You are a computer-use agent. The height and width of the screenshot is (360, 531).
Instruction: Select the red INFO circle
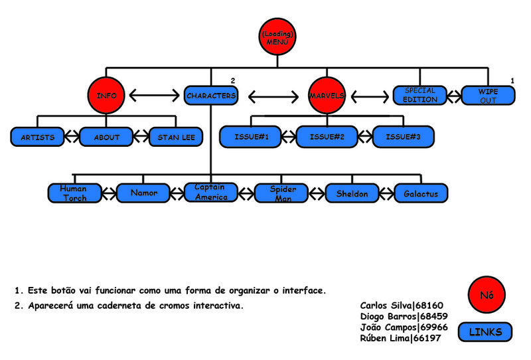point(106,96)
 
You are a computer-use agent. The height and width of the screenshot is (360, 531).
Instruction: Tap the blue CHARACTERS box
point(210,96)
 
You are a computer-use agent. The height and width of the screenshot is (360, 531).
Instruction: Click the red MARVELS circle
point(327,96)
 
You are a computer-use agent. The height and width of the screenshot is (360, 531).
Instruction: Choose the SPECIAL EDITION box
point(419,95)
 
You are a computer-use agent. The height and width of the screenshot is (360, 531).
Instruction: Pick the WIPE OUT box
point(488,96)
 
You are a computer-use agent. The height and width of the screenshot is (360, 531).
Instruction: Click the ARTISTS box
point(37,137)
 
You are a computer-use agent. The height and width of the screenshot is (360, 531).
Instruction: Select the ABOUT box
point(107,137)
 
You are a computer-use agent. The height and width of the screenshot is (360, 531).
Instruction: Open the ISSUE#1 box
point(252,137)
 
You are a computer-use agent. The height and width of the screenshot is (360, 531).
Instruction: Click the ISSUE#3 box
point(402,137)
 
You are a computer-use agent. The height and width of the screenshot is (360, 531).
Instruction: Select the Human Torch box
point(74,193)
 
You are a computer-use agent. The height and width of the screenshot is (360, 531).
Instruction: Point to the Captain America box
point(211,193)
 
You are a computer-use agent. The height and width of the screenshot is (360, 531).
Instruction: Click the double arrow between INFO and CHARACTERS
point(154,96)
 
